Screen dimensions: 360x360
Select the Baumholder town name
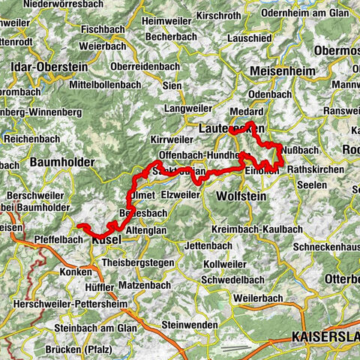[63, 162]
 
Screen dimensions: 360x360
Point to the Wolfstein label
[237, 196]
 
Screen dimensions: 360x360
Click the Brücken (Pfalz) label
[66, 350]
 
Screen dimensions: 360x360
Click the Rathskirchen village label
[315, 169]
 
